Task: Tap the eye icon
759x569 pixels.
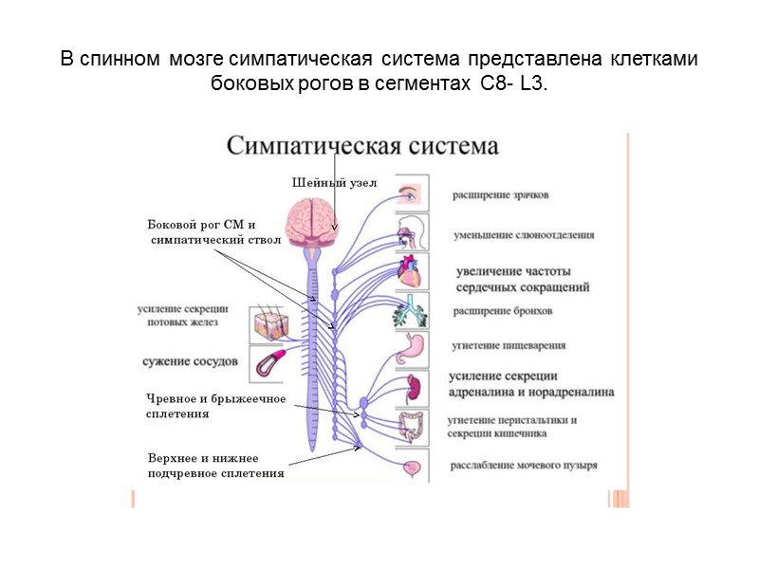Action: coord(411,193)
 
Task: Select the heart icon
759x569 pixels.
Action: coord(412,273)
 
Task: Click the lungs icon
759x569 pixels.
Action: coord(411,311)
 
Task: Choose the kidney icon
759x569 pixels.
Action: coord(412,388)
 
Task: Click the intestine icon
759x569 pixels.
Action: coord(412,427)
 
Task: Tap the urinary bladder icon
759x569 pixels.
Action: coord(412,467)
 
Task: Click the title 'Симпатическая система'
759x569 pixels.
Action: coord(362,147)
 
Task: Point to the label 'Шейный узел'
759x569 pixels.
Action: coord(334,183)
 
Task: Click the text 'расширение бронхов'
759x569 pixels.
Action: coord(503,311)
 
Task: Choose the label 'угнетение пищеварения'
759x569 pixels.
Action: coord(509,346)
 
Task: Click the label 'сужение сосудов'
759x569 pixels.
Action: coord(189,361)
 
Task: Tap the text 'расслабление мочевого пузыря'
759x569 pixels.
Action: coord(524,467)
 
